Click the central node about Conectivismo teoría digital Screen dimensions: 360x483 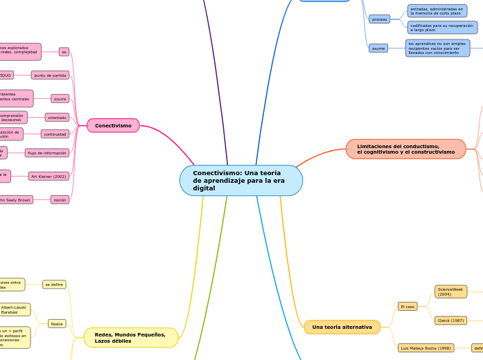tap(240, 181)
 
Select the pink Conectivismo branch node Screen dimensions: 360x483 tap(113, 125)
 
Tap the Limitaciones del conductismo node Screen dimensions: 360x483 tap(405, 149)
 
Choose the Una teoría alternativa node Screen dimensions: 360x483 tap(342, 327)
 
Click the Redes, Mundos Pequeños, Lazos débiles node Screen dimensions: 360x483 tap(130, 338)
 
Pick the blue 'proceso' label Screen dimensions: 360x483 tap(379, 19)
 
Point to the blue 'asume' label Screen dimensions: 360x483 tap(378, 48)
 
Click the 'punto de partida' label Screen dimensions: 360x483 tap(50, 75)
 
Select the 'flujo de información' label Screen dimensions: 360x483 tap(47, 152)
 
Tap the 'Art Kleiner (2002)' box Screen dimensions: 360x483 tap(49, 177)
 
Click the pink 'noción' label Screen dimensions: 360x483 tap(60, 199)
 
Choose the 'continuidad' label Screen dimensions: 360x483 tap(55, 134)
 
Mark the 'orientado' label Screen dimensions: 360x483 tap(57, 118)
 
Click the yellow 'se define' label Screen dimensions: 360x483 tap(54, 285)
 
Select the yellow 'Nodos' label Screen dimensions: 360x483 tap(57, 323)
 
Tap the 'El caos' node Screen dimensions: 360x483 tap(407, 306)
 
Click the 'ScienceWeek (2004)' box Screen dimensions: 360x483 tap(450, 291)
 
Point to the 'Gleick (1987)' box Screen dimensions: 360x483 tap(450, 321)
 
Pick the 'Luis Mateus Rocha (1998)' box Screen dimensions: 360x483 tap(425, 348)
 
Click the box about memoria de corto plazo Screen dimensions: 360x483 tap(437, 10)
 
